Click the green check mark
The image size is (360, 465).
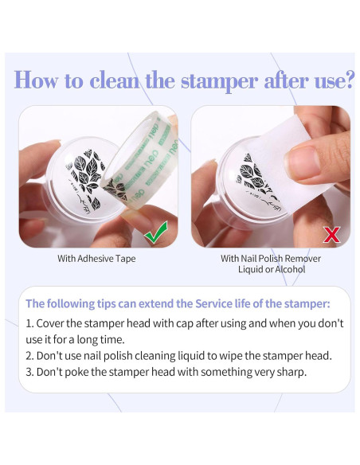coord(155,233)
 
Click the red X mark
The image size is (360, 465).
coord(332,235)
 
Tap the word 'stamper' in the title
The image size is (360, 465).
coord(220,81)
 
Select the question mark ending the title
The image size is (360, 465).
coord(350,80)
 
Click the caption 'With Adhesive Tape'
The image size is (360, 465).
coord(96,258)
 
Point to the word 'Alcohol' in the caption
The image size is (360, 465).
coord(290,269)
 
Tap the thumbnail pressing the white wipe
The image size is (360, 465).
coord(302,161)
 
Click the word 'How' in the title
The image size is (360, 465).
coord(36,80)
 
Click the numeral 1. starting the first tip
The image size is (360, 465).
coord(29,323)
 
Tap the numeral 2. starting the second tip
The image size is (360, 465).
coord(30,356)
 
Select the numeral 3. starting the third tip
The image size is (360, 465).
coord(30,372)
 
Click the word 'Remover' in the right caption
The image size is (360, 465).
coord(304,259)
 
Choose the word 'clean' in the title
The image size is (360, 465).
coord(114,80)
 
